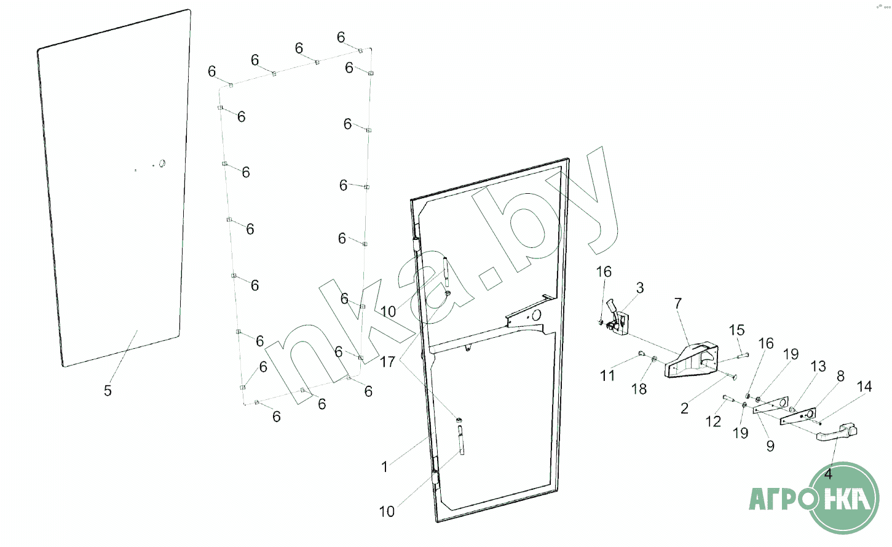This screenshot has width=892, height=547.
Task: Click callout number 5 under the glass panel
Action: pyautogui.click(x=108, y=391)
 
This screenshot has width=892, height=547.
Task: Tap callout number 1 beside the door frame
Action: pyautogui.click(x=385, y=467)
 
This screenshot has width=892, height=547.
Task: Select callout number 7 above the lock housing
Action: pyautogui.click(x=678, y=304)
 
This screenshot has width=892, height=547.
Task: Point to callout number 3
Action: pyautogui.click(x=640, y=288)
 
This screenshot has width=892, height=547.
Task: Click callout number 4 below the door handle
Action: pyautogui.click(x=828, y=474)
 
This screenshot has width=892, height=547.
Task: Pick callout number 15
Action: pyautogui.click(x=736, y=331)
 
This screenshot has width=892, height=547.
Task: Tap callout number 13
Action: pyautogui.click(x=818, y=367)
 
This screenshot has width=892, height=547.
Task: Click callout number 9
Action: pyautogui.click(x=770, y=446)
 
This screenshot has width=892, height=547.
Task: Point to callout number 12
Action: pyautogui.click(x=713, y=421)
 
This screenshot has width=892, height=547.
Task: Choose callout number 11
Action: pyautogui.click(x=607, y=375)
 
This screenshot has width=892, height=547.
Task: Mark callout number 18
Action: pyautogui.click(x=639, y=389)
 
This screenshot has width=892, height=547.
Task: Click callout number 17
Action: pyautogui.click(x=387, y=362)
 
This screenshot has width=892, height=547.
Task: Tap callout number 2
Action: pyautogui.click(x=684, y=409)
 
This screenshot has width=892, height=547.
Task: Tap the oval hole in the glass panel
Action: pyautogui.click(x=162, y=164)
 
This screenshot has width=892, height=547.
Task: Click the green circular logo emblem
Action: pyautogui.click(x=843, y=498)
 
